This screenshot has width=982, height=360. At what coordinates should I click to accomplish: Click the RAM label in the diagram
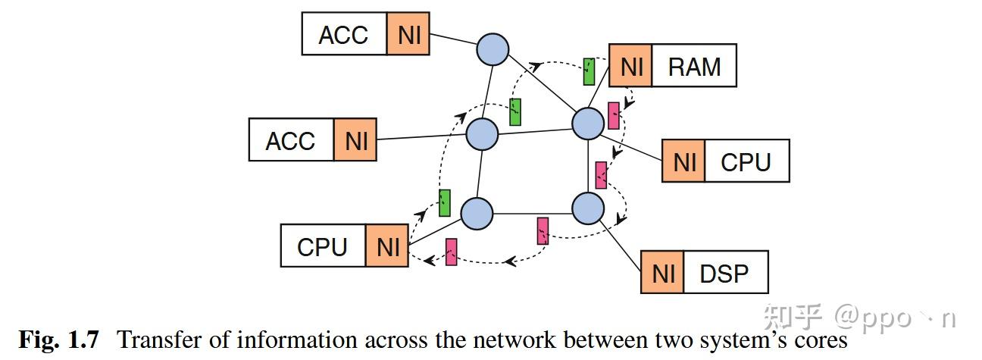(x=694, y=67)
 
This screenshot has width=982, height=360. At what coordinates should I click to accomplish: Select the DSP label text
(x=724, y=274)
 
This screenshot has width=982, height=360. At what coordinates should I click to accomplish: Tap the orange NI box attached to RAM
(x=630, y=65)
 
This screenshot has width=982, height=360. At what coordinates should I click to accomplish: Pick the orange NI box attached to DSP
(x=662, y=272)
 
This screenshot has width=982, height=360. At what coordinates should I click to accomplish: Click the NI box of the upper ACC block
(x=408, y=34)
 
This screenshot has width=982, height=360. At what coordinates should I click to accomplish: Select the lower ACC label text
(x=290, y=141)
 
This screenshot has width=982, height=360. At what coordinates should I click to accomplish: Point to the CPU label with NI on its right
(x=322, y=247)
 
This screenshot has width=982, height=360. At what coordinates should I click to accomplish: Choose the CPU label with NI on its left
(x=746, y=162)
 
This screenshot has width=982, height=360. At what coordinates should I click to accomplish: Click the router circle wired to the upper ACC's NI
(x=493, y=49)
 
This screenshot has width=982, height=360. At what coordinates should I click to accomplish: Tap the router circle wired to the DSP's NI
(x=588, y=208)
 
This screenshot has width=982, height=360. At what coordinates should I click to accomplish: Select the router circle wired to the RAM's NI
(x=588, y=124)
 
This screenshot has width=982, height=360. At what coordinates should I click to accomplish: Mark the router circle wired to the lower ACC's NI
(x=482, y=134)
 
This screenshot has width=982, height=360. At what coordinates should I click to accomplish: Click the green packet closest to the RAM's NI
(x=590, y=71)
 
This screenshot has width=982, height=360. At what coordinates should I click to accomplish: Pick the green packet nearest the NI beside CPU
(x=445, y=203)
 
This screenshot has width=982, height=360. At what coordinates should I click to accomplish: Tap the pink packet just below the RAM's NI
(x=614, y=116)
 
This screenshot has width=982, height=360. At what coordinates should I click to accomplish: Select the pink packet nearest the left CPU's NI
(x=451, y=252)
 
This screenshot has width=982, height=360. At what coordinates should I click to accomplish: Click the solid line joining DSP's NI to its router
(x=620, y=245)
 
